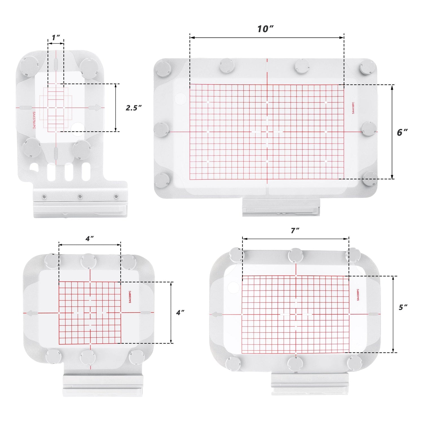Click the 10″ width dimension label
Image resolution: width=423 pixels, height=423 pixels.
[265, 29]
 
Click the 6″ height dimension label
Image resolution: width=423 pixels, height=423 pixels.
[402, 132]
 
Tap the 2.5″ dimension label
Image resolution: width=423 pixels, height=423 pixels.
[133, 108]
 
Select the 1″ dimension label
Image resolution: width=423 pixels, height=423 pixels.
[56, 38]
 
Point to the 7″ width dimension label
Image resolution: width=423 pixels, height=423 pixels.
[295, 231]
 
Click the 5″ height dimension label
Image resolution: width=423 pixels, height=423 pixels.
[403, 307]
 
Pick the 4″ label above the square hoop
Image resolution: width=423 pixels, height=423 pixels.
[90, 239]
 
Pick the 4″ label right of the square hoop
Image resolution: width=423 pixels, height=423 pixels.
[180, 312]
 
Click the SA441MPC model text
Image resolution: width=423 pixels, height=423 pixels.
[353, 108]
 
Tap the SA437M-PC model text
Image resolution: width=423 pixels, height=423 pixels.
[34, 120]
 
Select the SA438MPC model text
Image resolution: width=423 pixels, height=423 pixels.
[130, 297]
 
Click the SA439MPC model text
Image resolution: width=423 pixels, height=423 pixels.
[358, 295]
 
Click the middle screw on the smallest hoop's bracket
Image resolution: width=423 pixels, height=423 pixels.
[80, 196]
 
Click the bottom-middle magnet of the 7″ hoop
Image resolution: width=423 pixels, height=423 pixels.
[295, 364]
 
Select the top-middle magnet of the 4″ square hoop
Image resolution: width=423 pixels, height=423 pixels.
[89, 261]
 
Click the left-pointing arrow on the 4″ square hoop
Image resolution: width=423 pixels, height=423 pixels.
[31, 313]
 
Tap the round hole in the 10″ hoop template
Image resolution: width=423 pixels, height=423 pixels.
[180, 99]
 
